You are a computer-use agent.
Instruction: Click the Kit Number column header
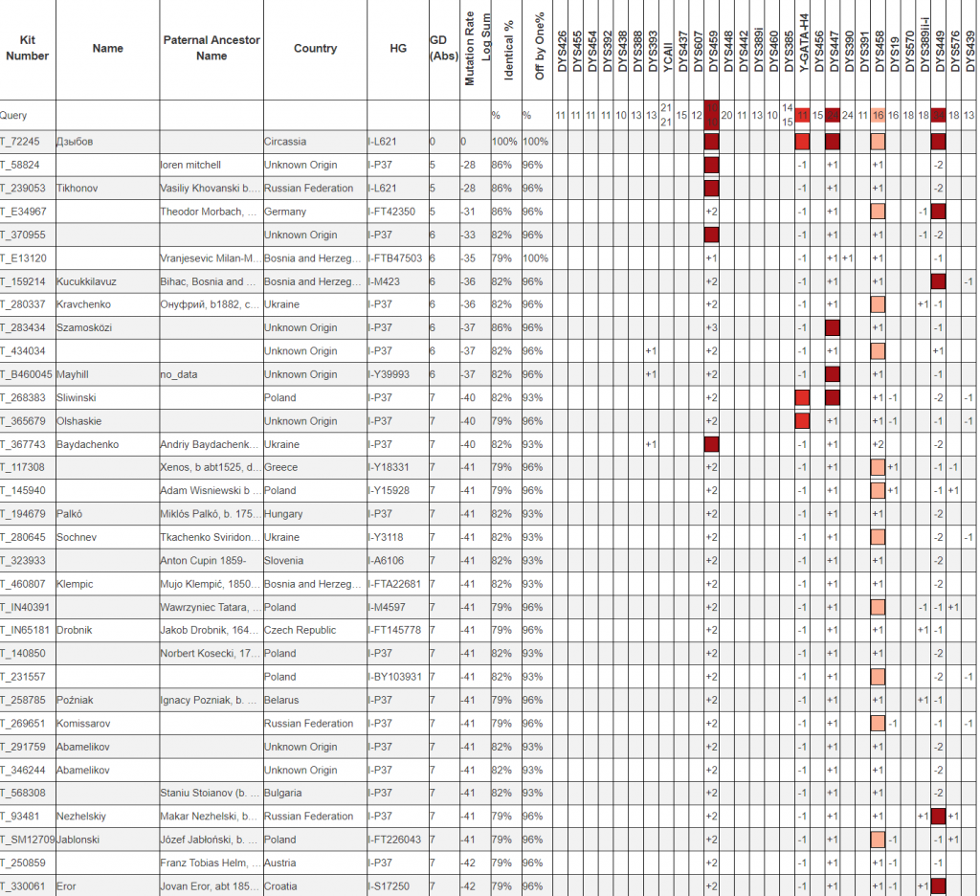point(27,49)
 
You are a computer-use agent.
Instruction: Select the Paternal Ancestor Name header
point(212,49)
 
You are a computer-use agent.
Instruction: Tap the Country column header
point(315,49)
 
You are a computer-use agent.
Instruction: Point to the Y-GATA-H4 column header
point(803,48)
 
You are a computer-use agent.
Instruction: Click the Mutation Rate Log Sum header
point(477,49)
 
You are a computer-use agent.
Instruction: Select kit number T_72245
point(20,142)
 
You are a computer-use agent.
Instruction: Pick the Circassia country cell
point(285,142)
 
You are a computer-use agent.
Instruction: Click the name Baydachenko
point(91,444)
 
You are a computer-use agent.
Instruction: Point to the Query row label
point(14,115)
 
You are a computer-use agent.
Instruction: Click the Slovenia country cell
point(284,561)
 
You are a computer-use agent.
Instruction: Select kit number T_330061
point(23,886)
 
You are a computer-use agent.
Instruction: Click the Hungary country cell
point(283,514)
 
